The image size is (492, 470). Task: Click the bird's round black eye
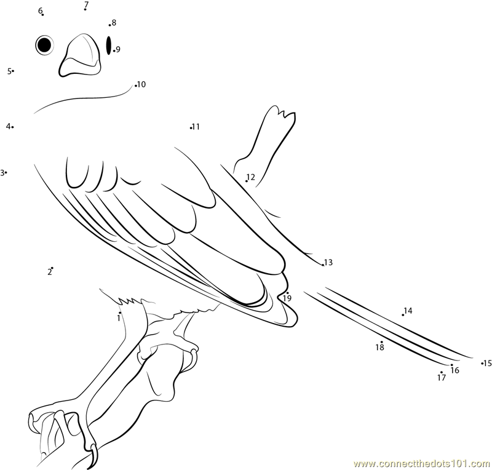point(44,45)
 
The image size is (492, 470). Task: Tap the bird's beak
point(81,55)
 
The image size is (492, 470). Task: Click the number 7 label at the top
point(86,4)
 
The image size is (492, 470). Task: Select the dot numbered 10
point(135,86)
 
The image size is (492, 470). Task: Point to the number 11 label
point(196,127)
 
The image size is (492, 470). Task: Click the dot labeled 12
point(247,181)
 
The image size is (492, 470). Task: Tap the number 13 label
point(328,262)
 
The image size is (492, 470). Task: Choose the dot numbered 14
point(403,315)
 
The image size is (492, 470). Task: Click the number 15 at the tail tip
point(487,363)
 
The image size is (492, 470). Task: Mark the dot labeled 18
point(381,342)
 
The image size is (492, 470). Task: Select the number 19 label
point(287,298)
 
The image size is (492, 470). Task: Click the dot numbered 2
point(52,268)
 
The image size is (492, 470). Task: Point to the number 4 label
point(8,126)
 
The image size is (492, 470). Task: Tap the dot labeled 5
point(13,71)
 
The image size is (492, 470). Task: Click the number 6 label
point(40,10)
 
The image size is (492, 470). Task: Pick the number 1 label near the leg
point(119,318)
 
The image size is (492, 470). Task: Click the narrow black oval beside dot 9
point(109,45)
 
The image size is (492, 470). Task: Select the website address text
point(422,464)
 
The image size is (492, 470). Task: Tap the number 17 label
point(442,378)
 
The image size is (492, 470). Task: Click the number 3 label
point(2,173)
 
